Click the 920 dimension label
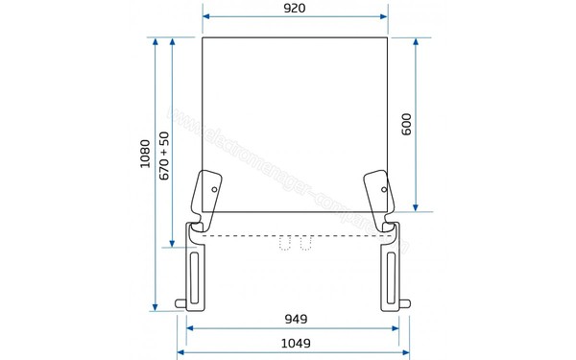295,9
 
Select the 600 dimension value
406,124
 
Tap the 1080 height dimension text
145,155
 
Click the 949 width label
295,318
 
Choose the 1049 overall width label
295,343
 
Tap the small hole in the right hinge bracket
385,189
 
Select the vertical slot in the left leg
196,278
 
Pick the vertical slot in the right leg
393,278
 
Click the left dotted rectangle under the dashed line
285,244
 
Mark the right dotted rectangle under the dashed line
305,244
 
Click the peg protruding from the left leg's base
180,305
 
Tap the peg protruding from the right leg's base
409,305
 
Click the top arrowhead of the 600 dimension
416,42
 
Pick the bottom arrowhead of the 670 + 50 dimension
173,244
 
